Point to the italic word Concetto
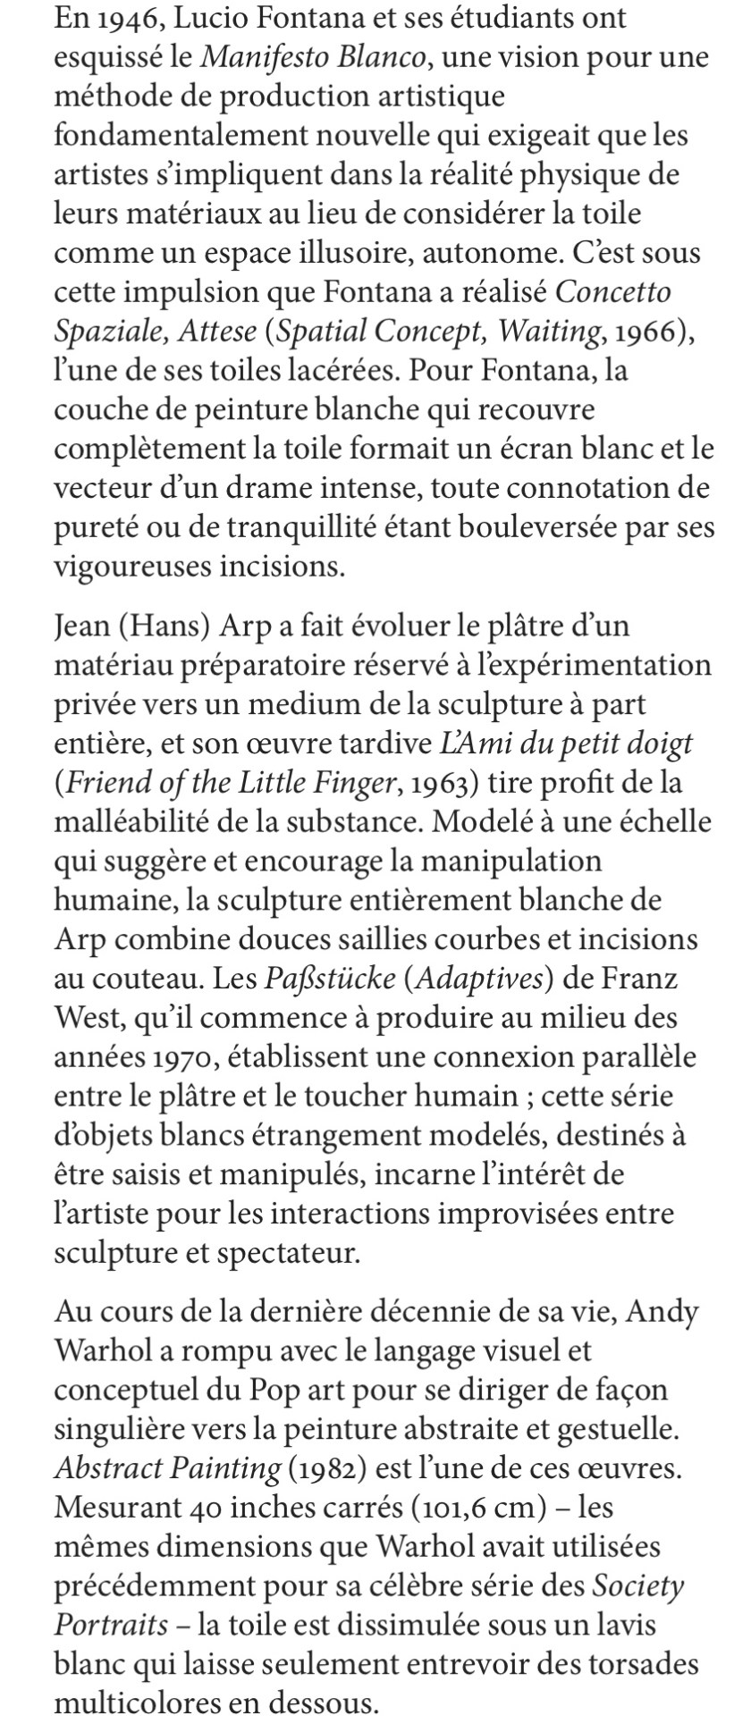618,292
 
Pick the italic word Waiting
549,332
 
